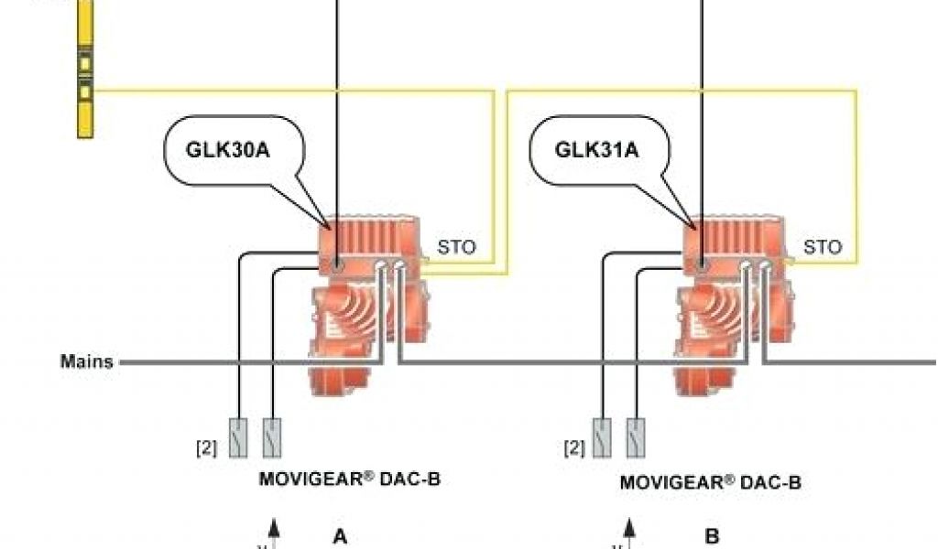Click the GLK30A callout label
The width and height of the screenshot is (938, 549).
point(228,148)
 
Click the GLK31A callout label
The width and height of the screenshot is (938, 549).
point(596,148)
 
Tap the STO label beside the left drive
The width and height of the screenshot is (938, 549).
point(456,247)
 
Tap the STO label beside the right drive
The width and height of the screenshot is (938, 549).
point(822,247)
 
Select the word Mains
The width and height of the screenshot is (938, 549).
point(87,361)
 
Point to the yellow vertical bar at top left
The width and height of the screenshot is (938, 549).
point(85,69)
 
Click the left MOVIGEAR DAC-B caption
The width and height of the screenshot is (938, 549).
point(350,479)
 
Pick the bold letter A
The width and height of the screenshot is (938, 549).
point(341,537)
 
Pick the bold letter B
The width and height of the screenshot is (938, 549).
point(712,537)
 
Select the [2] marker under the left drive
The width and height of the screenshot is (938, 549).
point(206,447)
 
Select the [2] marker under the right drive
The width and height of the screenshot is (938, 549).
point(573,447)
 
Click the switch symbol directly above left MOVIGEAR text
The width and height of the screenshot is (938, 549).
point(272,437)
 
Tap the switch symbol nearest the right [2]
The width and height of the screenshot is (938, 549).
point(602,437)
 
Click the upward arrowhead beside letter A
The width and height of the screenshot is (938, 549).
point(272,525)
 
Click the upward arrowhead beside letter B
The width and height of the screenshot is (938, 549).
point(629,525)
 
